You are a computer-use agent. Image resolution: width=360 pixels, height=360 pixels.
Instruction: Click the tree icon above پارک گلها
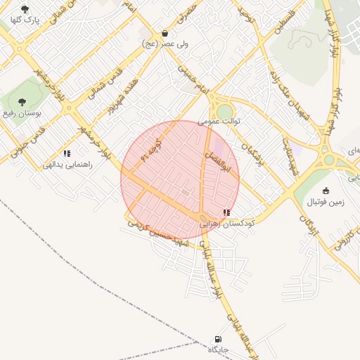click(25, 9)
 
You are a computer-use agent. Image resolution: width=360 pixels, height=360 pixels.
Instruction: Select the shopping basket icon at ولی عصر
click(165, 33)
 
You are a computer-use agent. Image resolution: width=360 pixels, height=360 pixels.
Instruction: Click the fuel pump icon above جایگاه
click(218, 340)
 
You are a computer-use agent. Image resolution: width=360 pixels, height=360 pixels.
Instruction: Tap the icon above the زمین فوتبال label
click(326, 191)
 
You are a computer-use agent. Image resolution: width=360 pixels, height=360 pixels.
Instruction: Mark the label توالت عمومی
click(219, 121)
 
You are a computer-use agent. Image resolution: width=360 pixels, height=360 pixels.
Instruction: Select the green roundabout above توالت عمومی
click(224, 111)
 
